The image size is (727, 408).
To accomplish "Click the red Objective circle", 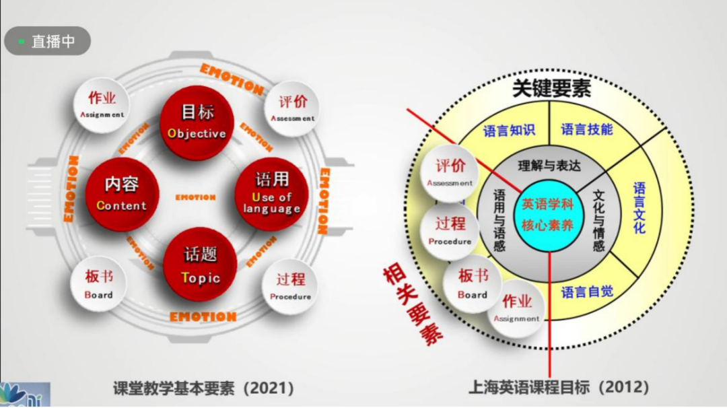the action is [197, 122].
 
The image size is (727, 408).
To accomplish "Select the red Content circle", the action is [121, 194].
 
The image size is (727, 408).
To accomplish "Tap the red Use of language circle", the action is [271, 194].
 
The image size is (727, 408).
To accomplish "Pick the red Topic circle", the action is [200, 264].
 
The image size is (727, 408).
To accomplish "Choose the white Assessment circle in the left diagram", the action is [292, 108].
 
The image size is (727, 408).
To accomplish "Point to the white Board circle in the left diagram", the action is [98, 283].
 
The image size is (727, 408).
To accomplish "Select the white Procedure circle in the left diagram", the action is [290, 287].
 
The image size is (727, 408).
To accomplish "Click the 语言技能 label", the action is [587, 129].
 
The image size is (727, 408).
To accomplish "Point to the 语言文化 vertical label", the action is [639, 207].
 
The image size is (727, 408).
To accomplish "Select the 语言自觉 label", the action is [587, 292].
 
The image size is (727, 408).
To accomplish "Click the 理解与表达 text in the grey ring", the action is [549, 166].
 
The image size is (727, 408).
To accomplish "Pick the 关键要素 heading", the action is [551, 90].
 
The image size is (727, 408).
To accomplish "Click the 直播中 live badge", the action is [47, 41].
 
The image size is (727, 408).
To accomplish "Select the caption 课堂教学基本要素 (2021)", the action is [203, 388].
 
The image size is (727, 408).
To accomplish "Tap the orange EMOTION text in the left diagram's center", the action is [195, 197].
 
